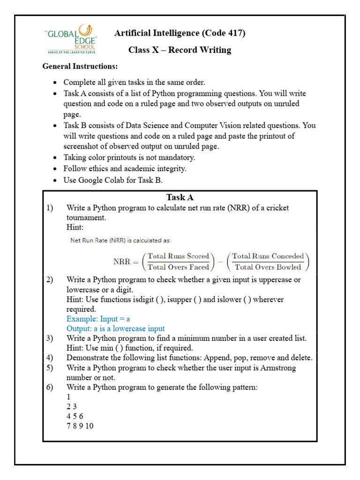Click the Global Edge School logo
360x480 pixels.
tap(71, 39)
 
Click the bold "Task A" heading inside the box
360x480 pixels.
tap(180, 197)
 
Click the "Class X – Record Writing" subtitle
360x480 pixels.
tap(180, 50)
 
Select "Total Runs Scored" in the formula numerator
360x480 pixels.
tap(178, 256)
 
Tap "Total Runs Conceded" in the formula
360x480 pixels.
tap(268, 256)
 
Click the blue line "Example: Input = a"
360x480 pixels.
tap(98, 319)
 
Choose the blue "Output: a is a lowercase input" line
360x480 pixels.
tap(115, 329)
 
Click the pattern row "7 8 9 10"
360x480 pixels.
tap(80, 426)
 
